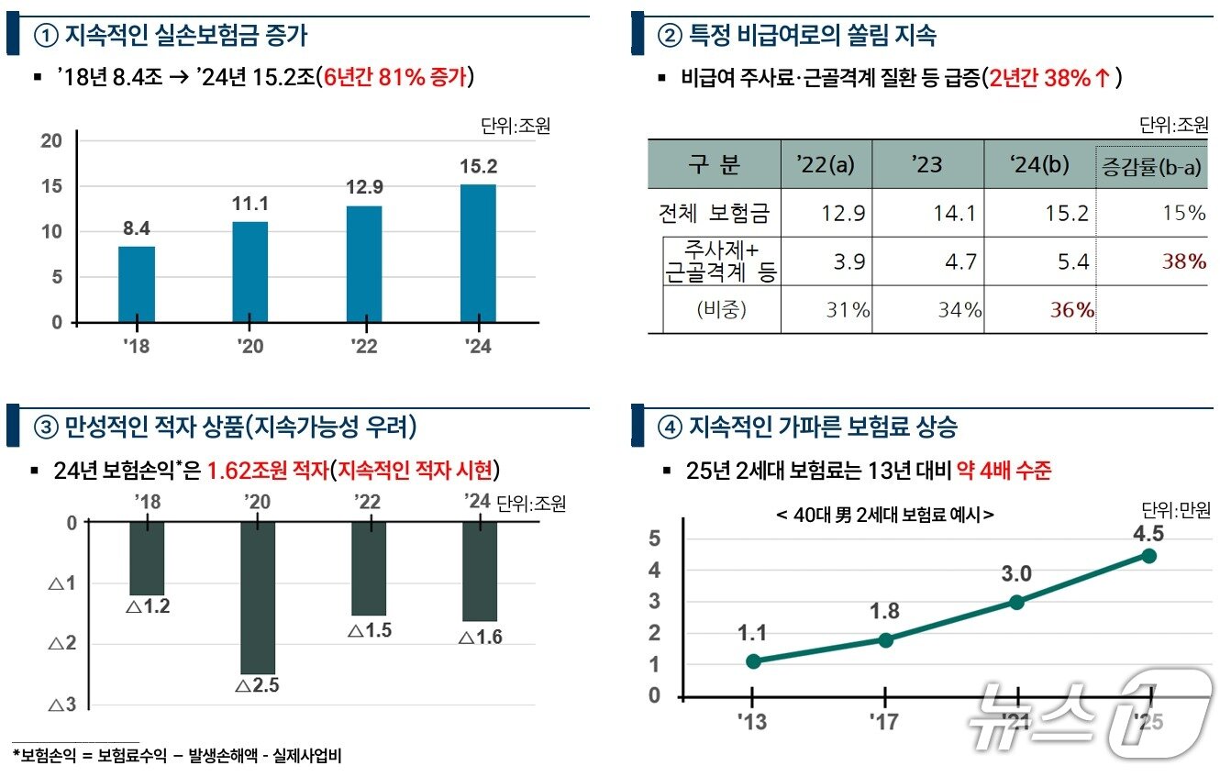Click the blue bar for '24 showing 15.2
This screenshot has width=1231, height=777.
(x=477, y=253)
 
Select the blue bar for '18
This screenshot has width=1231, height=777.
(x=137, y=284)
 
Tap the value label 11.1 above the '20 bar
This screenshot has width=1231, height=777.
(x=250, y=204)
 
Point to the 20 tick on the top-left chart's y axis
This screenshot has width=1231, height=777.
(x=52, y=140)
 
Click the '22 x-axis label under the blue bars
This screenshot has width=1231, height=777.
(x=364, y=347)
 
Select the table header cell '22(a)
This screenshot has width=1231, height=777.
(x=826, y=165)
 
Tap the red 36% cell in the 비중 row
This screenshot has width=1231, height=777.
(x=1071, y=310)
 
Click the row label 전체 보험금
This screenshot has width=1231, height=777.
(x=714, y=214)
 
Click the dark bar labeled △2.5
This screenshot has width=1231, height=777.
(x=258, y=596)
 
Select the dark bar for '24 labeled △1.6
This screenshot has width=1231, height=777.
(x=480, y=571)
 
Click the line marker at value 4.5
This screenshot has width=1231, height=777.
(x=1148, y=556)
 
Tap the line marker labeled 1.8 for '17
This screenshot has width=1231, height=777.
(x=885, y=639)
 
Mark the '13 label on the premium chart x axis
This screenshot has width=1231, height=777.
(x=752, y=723)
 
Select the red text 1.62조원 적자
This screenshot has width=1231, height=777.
(x=267, y=471)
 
